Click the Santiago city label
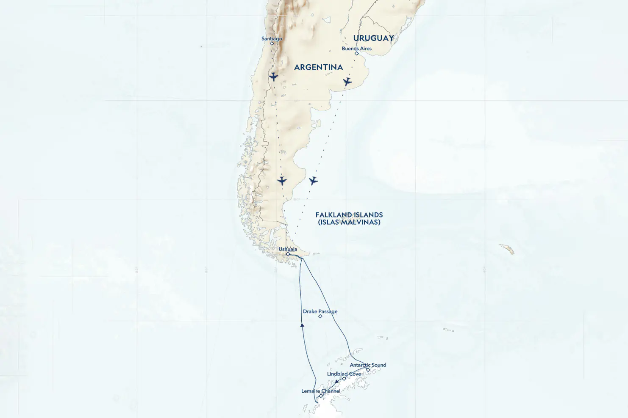272,38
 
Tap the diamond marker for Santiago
272,44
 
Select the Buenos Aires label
357,49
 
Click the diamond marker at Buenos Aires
357,54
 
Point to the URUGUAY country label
373,38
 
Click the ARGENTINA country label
318,67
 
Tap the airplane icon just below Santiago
273,77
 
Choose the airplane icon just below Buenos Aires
347,81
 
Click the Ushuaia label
288,249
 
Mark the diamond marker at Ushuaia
288,254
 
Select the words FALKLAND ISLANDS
349,215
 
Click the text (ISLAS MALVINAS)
349,222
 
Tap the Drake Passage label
320,311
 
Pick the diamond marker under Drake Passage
320,316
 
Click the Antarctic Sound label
368,365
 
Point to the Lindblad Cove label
344,374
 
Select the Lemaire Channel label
321,391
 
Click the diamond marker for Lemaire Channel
321,396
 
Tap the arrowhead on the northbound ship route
302,325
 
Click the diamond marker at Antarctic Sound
368,370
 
